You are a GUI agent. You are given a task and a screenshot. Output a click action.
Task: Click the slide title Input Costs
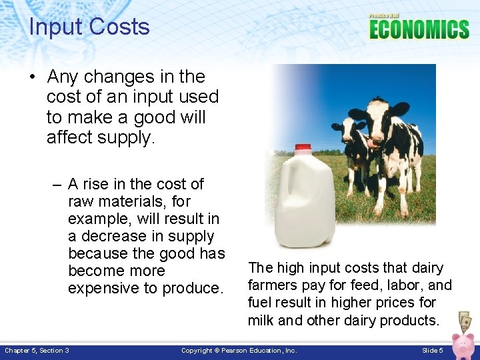pos(89,27)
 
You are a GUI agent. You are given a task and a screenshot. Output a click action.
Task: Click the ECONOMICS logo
pos(419,29)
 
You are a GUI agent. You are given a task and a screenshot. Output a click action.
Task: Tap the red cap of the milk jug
pos(303,148)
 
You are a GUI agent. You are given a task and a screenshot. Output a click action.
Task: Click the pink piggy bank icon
pos(462,346)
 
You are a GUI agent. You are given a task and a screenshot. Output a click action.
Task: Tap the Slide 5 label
pos(433,351)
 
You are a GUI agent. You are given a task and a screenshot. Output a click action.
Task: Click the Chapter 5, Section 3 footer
pos(37,351)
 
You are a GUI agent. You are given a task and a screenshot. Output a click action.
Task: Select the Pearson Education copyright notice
pos(239,351)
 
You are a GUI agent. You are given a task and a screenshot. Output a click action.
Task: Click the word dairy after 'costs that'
pos(427,268)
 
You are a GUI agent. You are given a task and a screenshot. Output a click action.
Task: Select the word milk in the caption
pos(261,320)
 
